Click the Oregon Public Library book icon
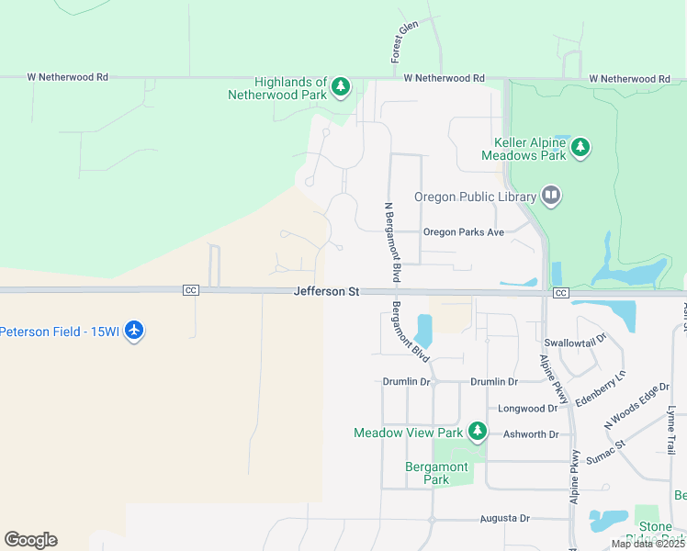pos(551,195)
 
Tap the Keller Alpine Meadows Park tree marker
pos(580,147)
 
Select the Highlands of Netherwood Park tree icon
pos(341,87)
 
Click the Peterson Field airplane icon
pos(135,330)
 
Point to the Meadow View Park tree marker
pos(477,431)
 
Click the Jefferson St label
pos(326,291)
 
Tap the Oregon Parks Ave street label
pos(464,232)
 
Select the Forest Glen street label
pos(403,41)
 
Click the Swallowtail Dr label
pos(576,340)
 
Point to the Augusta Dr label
pos(505,519)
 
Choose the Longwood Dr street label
pos(528,408)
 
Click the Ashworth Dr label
pos(531,434)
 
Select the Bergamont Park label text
pos(437,473)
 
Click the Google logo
pos(30,540)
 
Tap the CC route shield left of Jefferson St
pos(191,290)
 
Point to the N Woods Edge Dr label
pos(637,407)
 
